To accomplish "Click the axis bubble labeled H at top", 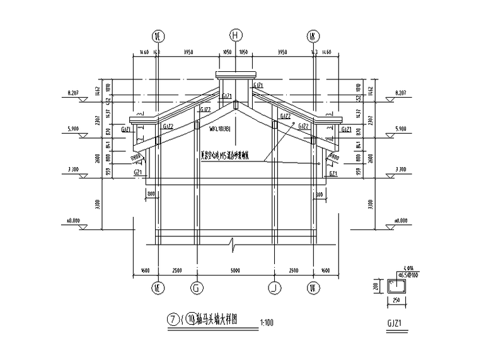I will [236, 35].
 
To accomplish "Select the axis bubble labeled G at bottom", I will [196, 287].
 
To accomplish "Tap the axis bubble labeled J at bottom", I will [274, 287].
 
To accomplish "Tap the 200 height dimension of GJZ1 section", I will [377, 286].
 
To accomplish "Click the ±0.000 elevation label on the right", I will [400, 221].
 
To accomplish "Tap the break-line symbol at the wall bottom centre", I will [235, 242].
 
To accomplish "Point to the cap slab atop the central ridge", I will [235, 76].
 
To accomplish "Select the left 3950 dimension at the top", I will [188, 53].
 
